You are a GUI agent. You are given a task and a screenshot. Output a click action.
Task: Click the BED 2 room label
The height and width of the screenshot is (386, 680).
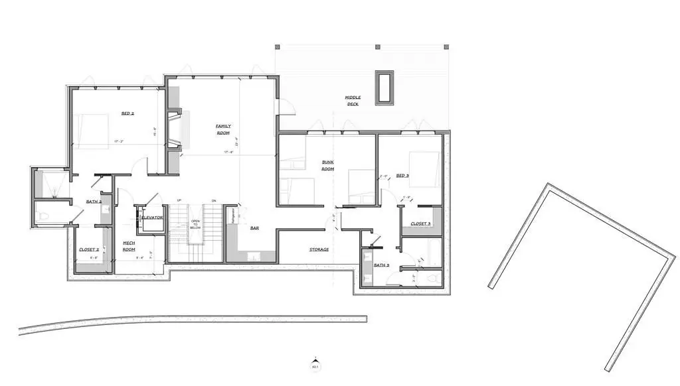coord(127,113)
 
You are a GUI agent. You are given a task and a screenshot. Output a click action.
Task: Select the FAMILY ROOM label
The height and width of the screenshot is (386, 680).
coord(223,129)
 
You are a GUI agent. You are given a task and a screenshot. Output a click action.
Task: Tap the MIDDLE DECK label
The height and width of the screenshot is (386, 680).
coord(352,101)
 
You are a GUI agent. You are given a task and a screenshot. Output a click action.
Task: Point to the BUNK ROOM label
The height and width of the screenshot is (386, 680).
coord(327,166)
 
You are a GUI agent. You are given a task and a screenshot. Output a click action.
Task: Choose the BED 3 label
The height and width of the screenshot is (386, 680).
coord(402,176)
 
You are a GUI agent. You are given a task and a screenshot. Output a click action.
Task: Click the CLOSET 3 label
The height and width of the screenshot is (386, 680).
coord(420,224)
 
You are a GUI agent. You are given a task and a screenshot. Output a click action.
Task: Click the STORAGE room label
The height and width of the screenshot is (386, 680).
coord(319,249)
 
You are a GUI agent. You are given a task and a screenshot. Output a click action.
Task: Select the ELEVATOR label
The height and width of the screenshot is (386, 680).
coord(152,217)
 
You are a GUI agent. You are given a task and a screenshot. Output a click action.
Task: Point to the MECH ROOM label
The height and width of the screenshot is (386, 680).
coord(129,246)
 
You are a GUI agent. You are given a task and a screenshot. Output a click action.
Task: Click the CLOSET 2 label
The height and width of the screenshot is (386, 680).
coord(88,249)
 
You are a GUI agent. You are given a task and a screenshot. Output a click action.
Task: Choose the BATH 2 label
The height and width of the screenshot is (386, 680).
coord(94,202)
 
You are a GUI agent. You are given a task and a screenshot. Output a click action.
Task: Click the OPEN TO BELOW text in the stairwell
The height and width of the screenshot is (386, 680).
coord(195,225)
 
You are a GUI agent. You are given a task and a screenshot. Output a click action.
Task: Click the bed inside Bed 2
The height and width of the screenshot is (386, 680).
coord(90,129)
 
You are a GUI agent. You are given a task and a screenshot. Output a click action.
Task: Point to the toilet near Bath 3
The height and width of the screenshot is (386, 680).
coord(435,277)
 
